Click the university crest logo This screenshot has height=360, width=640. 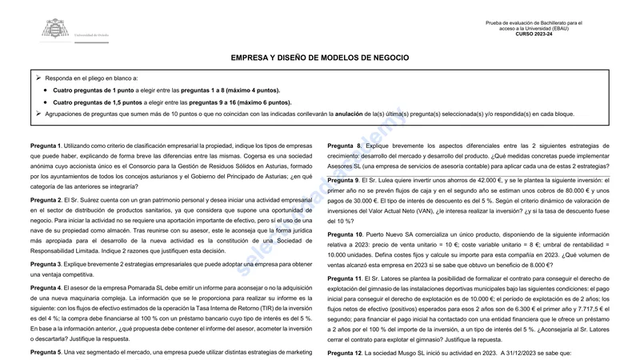55,30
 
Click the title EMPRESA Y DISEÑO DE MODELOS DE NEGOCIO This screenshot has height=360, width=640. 319,58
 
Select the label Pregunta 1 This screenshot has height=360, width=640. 46,146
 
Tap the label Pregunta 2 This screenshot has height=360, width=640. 46,199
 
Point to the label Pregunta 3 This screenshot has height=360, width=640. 46,264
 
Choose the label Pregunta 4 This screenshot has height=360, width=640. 46,287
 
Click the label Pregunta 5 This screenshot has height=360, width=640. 46,352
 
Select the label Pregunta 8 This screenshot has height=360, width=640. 346,146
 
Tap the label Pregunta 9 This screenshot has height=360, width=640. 346,181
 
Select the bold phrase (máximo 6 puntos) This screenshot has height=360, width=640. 261,102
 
